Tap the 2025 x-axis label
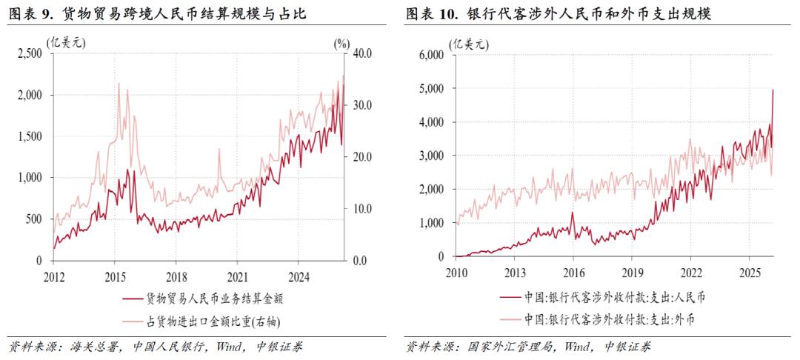(750, 271)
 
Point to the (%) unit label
(341, 42)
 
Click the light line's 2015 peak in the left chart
(119, 84)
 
